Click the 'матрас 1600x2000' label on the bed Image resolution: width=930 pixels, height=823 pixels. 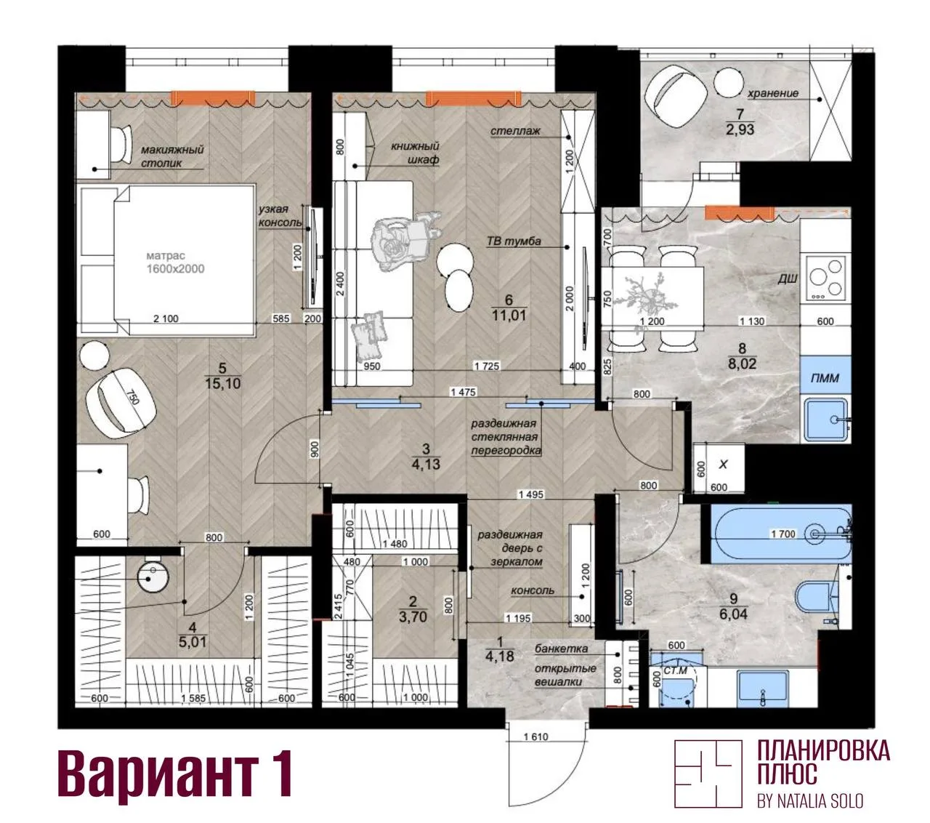[175, 262]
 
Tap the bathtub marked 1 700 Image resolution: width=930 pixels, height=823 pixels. [780, 533]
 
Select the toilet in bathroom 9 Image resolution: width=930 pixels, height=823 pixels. [817, 603]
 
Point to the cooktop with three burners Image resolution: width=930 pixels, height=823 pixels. [825, 278]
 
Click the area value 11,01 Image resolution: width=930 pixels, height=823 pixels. [509, 316]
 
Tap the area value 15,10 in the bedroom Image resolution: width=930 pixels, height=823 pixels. [222, 383]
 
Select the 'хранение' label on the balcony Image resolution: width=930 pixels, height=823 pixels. [772, 94]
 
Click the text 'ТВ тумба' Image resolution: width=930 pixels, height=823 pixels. [514, 241]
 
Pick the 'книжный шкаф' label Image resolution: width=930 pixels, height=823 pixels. [415, 153]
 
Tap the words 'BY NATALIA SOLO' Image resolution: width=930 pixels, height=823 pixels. [810, 801]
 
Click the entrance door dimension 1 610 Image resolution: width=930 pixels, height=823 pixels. [535, 737]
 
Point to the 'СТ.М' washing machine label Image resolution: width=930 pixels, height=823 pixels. [675, 671]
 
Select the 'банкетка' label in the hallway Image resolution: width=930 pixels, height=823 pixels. [561, 649]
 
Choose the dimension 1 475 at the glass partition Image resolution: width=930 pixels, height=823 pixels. [463, 392]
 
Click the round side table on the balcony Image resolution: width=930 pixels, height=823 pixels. [728, 82]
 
